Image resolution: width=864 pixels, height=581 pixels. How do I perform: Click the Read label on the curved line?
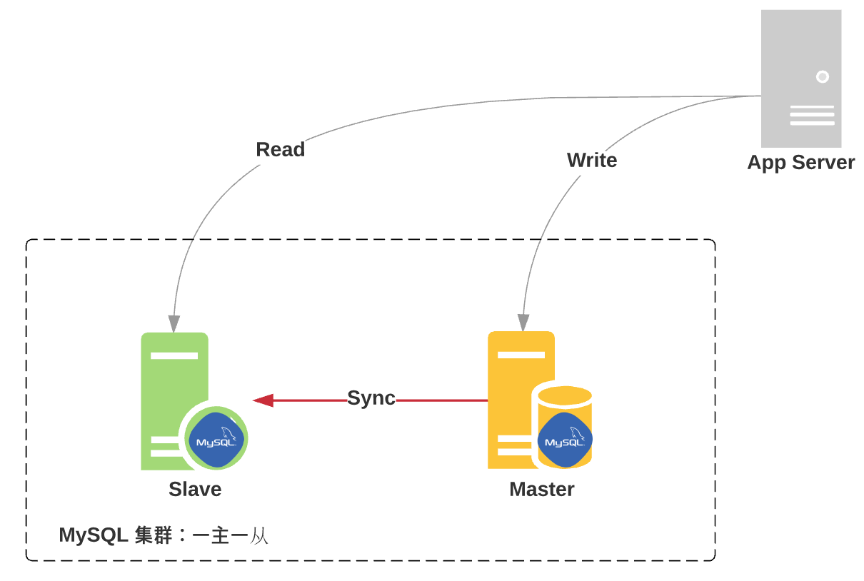(280, 150)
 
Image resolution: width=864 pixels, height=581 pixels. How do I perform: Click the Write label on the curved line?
(591, 161)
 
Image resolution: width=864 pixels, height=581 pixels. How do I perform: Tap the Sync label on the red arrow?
(371, 398)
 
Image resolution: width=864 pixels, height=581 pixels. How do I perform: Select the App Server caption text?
(800, 163)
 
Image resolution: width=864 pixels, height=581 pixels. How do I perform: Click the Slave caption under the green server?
(195, 490)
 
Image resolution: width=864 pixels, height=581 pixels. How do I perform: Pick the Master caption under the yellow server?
(541, 490)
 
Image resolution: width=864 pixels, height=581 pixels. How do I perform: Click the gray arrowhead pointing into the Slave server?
(174, 324)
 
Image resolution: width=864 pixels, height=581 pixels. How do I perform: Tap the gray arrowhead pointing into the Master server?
(523, 323)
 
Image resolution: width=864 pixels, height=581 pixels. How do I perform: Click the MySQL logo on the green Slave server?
(216, 440)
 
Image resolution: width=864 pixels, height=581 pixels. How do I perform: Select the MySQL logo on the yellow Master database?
(565, 440)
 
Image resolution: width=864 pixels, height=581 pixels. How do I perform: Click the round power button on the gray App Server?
(822, 76)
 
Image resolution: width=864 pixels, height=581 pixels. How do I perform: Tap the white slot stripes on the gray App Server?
(812, 116)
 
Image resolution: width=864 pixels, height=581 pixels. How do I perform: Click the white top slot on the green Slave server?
(174, 355)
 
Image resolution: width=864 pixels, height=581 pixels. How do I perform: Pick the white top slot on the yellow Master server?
(521, 355)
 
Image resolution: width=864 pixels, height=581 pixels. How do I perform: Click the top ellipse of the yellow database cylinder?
(565, 396)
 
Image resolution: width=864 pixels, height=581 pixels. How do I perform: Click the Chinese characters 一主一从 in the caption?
(230, 535)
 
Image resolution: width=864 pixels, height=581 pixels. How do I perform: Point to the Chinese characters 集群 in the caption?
(154, 535)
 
